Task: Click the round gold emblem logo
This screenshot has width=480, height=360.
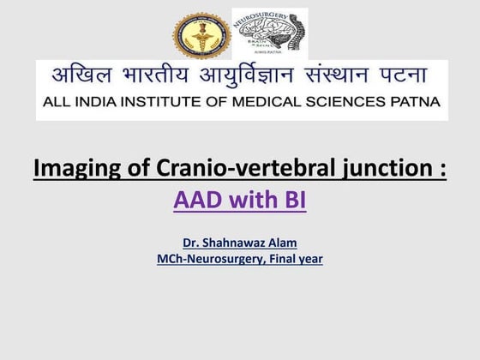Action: coord(201,35)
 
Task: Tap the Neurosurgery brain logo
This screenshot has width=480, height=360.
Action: coord(269,33)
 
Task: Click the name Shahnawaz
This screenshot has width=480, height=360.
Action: coord(233,243)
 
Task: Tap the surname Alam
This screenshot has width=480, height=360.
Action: coord(279,243)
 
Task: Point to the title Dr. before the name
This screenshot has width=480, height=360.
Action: coord(191,243)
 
